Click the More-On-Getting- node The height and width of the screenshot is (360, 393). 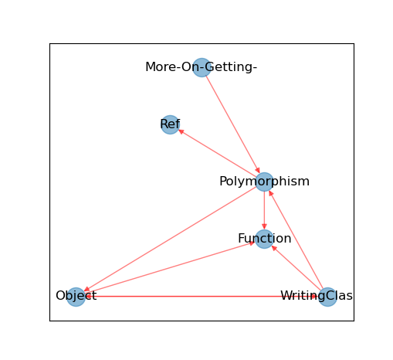click(x=202, y=67)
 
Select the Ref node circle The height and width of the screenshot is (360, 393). click(x=170, y=124)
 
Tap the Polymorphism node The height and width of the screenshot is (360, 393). click(x=264, y=182)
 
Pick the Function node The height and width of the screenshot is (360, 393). click(x=264, y=239)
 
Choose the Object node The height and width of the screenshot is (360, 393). click(x=76, y=297)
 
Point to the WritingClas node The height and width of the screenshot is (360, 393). click(x=327, y=297)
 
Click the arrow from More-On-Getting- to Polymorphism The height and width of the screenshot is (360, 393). click(x=233, y=124)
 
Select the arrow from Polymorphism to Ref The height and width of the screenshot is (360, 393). click(x=217, y=153)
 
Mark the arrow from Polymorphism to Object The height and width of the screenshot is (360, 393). click(x=170, y=239)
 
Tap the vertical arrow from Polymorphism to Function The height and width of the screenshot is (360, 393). click(x=264, y=210)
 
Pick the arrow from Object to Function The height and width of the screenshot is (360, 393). click(x=170, y=268)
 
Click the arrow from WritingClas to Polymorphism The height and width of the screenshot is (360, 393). click(x=296, y=239)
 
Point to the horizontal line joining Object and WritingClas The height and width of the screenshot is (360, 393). click(x=202, y=297)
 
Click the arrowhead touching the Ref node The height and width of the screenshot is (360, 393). click(x=181, y=131)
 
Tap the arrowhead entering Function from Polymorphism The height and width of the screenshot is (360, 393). click(x=264, y=226)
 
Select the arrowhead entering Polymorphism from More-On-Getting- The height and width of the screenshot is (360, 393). click(x=258, y=171)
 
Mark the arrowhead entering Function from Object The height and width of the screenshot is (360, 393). click(x=252, y=243)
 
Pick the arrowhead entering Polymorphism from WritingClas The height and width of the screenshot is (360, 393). click(x=271, y=193)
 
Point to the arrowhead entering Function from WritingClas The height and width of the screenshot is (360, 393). click(x=274, y=248)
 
